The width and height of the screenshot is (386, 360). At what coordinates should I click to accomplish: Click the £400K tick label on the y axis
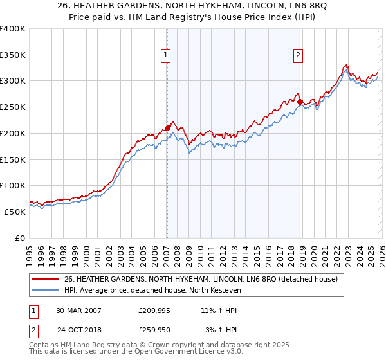coord(13,29)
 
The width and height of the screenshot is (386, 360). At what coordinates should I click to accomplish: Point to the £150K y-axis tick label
coord(13,159)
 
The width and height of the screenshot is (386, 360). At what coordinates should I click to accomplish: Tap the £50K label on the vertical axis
coord(15,212)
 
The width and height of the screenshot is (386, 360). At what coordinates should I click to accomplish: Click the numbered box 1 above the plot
coord(166,56)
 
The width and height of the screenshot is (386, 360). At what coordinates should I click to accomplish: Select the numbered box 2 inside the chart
coord(299,56)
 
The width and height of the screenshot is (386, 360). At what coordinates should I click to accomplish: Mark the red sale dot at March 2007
coord(167,128)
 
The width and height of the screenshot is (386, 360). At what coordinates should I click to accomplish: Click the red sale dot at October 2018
coord(300,102)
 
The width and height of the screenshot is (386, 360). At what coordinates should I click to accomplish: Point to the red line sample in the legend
coord(46,279)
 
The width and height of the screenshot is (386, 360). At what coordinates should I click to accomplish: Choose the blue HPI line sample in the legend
coord(46,291)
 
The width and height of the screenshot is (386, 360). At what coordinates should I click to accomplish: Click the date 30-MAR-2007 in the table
coord(78,310)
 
